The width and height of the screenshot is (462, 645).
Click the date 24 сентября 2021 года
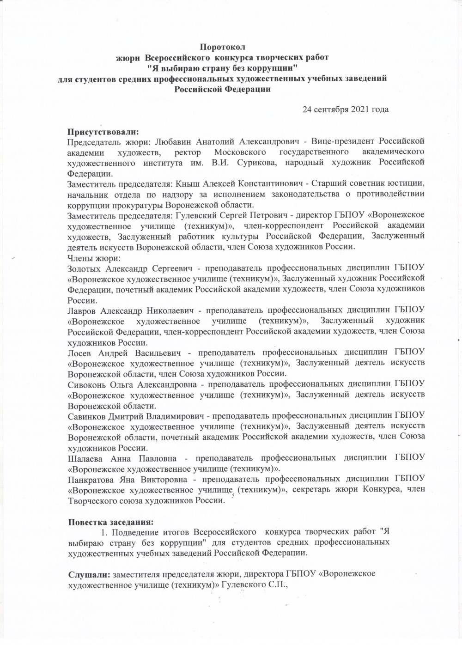345,110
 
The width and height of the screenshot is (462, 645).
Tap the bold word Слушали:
88,574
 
